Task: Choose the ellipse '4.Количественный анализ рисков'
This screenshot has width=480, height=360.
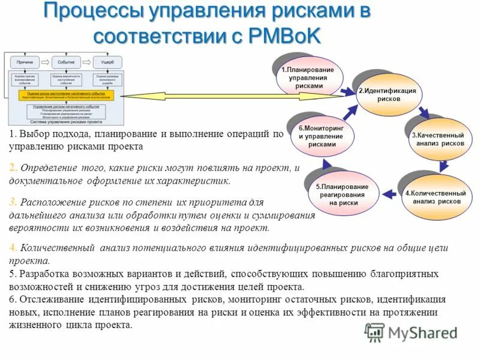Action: click(x=436, y=197)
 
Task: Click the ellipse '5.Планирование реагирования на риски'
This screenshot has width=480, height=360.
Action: click(x=344, y=194)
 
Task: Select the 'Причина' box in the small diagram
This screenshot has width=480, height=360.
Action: click(x=25, y=62)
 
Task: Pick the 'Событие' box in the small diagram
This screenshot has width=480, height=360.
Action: click(x=66, y=62)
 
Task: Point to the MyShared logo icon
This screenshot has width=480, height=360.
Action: click(x=374, y=332)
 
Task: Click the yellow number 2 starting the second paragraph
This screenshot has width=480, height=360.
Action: click(x=13, y=167)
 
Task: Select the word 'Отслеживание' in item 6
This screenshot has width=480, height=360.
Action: click(x=50, y=299)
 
